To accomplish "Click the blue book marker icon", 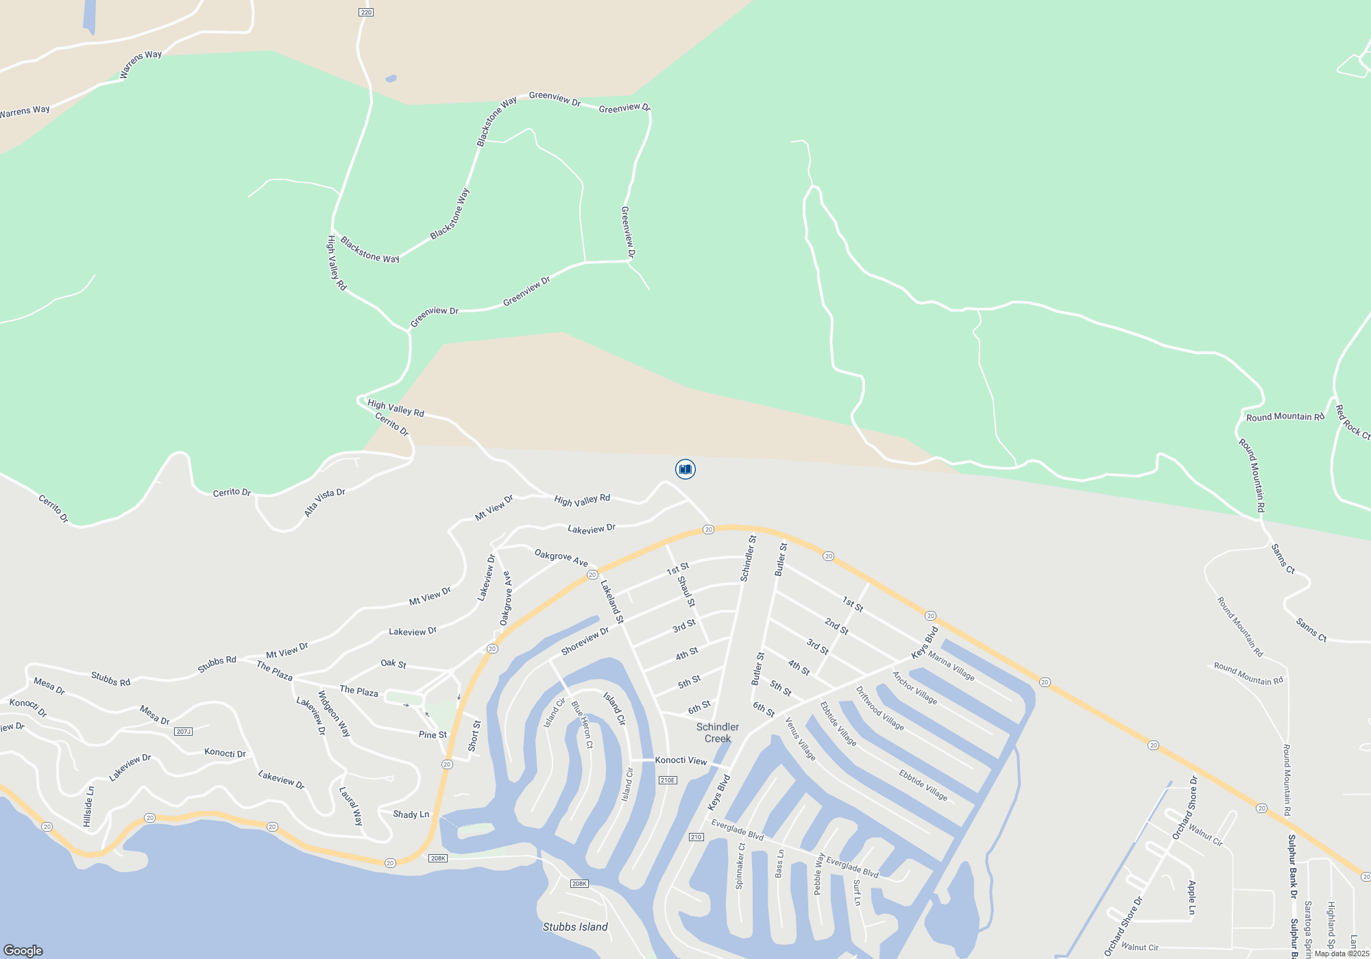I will click(685, 469).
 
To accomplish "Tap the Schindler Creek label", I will click(718, 733).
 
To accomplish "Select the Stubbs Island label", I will click(575, 927).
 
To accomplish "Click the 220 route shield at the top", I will click(366, 12).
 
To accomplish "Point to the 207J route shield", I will click(183, 732).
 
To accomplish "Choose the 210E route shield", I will click(668, 780).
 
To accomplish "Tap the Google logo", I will click(23, 950).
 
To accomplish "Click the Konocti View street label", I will click(681, 760).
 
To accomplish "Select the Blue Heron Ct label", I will click(582, 724).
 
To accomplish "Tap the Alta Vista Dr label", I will click(324, 502).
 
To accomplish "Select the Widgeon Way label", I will click(334, 713).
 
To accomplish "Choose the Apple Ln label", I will click(1191, 897).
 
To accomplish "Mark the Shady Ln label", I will click(411, 814).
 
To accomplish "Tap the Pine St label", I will click(433, 734).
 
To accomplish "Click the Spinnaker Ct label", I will click(740, 866).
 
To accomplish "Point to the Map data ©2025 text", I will click(1342, 954).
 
